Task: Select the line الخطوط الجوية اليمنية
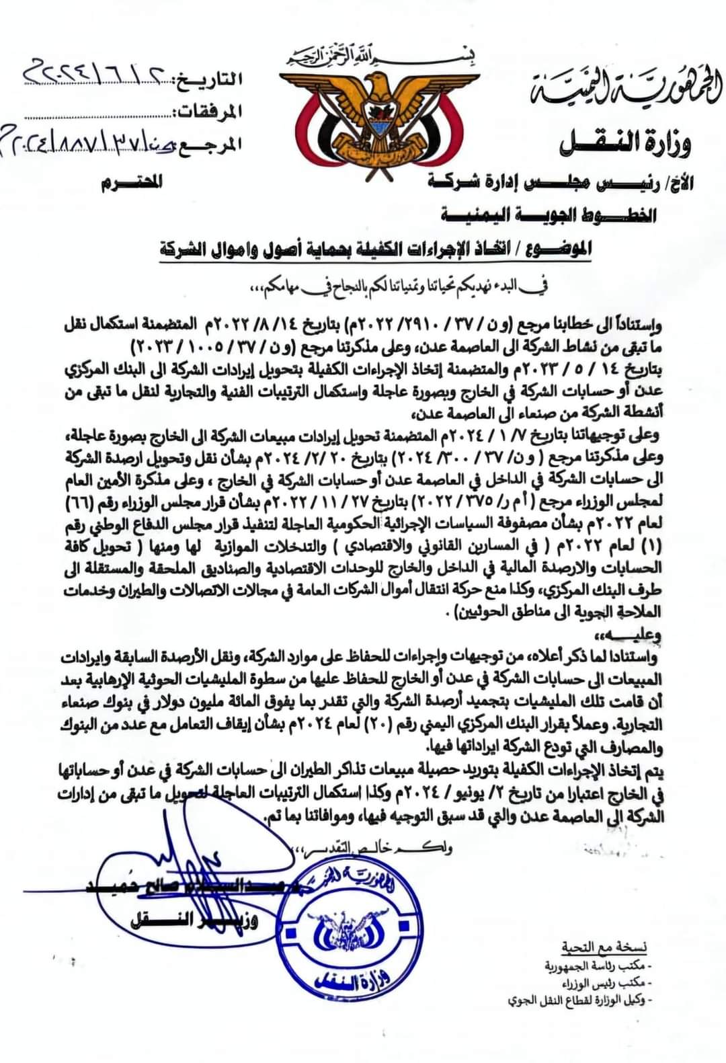point(548,216)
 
